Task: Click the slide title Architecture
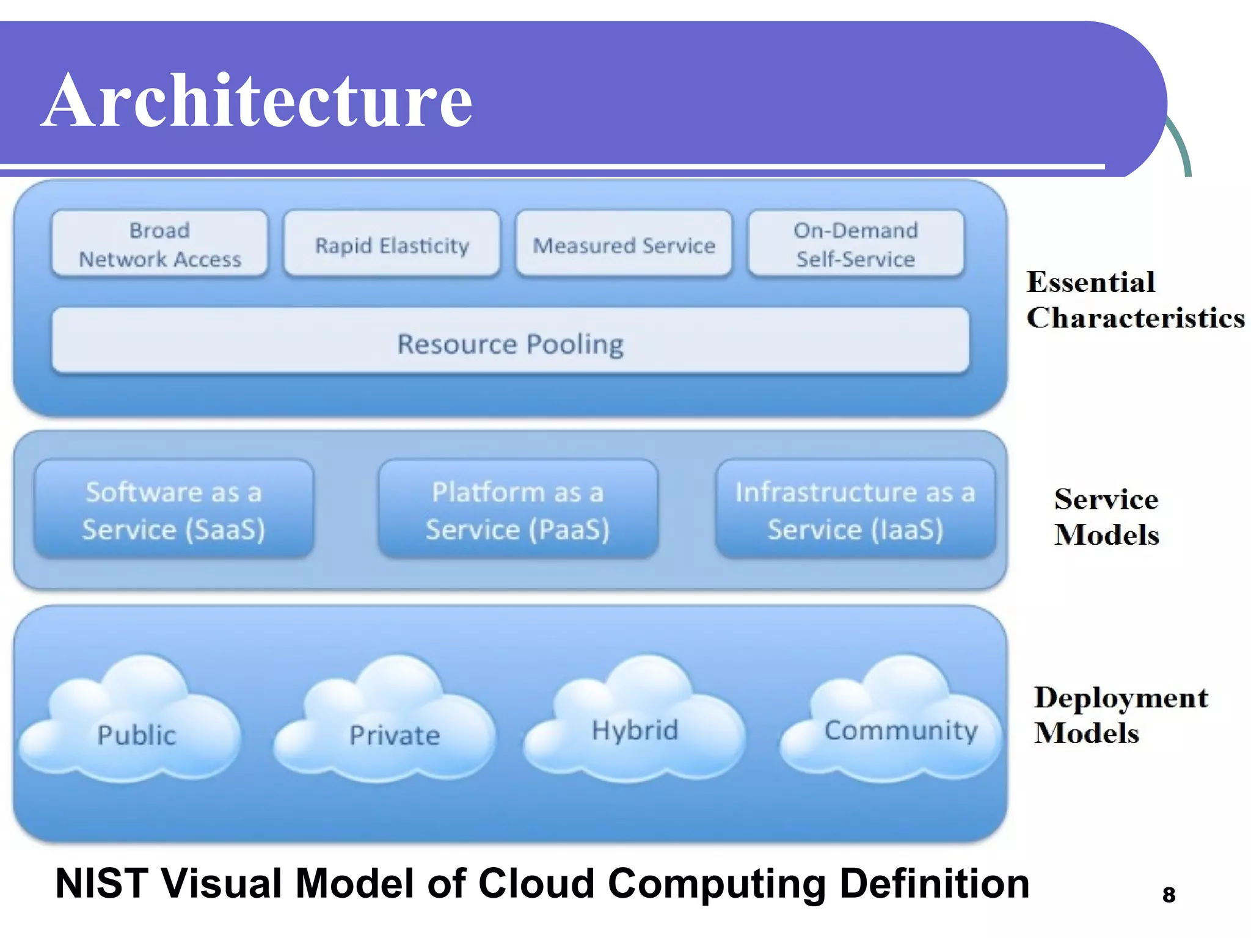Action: pos(257,101)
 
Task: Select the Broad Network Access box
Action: pos(159,244)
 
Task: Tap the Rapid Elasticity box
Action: pos(392,245)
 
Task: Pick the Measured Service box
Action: pos(624,245)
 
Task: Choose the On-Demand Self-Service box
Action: pos(856,244)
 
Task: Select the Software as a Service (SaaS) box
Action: pos(174,510)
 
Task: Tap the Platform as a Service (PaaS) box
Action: pos(518,510)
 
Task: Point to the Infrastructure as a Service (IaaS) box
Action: pos(855,510)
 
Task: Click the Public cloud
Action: pos(136,730)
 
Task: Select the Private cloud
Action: pos(394,730)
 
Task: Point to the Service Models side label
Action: pos(1106,517)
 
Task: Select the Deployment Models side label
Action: pos(1120,714)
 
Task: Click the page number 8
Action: pos(1169,895)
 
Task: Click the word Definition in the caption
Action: pos(934,884)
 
